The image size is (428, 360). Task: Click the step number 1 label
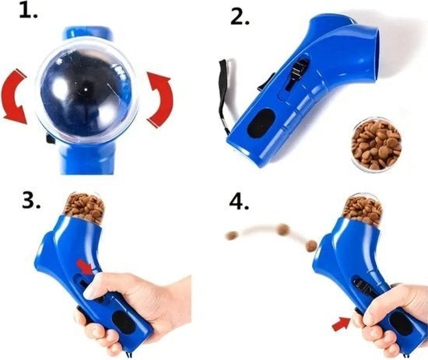(28, 10)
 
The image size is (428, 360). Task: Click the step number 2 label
(240, 17)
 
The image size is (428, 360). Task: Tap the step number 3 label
(31, 201)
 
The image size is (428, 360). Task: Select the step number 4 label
(239, 201)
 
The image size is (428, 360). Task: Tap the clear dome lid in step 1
(85, 90)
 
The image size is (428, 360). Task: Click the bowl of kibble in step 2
(377, 145)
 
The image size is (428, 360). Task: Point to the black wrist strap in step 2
(222, 96)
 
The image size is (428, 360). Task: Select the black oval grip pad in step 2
(261, 124)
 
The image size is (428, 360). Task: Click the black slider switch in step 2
(297, 72)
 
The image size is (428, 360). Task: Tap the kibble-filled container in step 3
(85, 206)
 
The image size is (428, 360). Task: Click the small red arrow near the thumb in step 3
(85, 267)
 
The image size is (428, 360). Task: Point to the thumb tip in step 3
(89, 293)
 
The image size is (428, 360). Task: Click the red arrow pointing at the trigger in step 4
(342, 323)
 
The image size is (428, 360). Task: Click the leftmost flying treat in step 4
(232, 236)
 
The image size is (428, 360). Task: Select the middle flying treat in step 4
(283, 228)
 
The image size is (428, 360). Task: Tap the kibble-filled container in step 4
(363, 208)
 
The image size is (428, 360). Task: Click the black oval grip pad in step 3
(125, 323)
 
